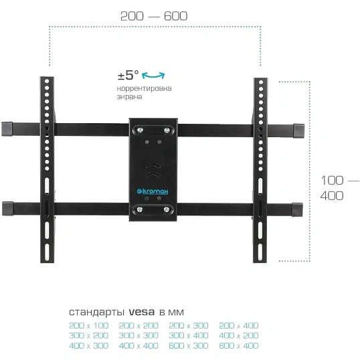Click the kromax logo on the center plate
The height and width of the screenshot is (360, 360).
click(x=153, y=191)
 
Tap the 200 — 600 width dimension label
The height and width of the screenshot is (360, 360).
click(x=154, y=16)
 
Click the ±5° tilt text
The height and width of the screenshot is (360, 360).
click(x=128, y=75)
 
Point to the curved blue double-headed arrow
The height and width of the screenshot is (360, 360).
click(x=153, y=76)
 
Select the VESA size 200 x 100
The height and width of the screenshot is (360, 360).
click(x=88, y=326)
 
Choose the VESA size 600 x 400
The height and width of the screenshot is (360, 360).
click(x=239, y=345)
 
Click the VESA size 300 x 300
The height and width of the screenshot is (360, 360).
click(x=139, y=335)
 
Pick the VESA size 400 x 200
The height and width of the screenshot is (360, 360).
click(x=239, y=335)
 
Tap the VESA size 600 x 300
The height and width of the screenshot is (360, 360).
click(x=189, y=345)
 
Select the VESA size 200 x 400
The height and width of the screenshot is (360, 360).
click(x=239, y=326)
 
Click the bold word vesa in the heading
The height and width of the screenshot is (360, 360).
click(x=142, y=312)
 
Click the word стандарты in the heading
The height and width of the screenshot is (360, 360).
click(x=96, y=312)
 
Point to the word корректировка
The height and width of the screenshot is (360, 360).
click(x=144, y=88)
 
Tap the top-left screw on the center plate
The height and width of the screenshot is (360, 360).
click(x=140, y=130)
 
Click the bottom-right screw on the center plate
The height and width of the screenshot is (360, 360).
click(x=167, y=209)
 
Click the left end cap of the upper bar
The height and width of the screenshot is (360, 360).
click(x=7, y=129)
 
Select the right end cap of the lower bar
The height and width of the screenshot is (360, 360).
click(x=298, y=209)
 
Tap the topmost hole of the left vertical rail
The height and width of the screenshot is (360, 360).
click(x=47, y=81)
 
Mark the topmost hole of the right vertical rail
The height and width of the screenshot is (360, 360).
click(x=261, y=82)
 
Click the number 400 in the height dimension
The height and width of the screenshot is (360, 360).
click(x=332, y=196)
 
